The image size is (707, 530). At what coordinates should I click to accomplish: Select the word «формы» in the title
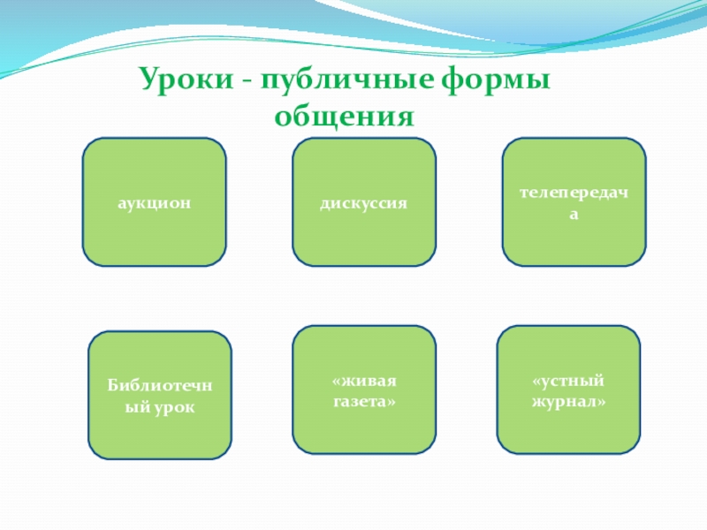(x=494, y=84)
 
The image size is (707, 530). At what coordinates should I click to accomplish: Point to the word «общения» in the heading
(x=344, y=116)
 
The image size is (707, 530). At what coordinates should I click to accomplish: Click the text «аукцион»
(x=155, y=202)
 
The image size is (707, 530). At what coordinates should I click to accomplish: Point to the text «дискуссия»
(x=364, y=202)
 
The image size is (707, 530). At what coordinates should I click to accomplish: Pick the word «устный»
(x=568, y=381)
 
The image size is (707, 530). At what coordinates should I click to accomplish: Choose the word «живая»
(x=364, y=381)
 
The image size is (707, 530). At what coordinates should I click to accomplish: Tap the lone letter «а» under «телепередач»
(x=574, y=215)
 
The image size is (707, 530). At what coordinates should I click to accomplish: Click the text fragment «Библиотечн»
(x=159, y=387)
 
